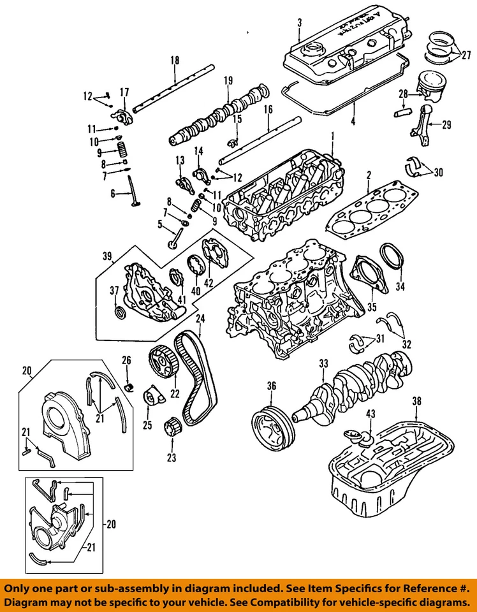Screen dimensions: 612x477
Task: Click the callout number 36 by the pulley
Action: (271, 386)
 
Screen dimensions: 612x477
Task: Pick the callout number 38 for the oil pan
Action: (417, 402)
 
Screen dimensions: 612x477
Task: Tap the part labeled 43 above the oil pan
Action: (364, 440)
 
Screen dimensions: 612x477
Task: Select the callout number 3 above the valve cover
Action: (299, 23)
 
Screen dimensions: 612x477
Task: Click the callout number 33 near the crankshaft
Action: (323, 363)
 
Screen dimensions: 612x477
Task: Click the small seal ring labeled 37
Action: (118, 312)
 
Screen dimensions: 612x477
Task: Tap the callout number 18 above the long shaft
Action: (174, 61)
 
